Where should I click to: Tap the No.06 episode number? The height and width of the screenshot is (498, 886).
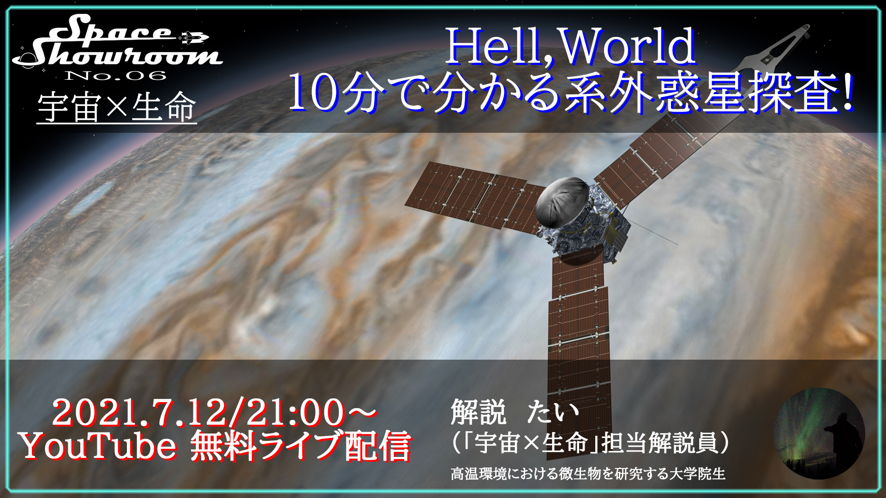115,76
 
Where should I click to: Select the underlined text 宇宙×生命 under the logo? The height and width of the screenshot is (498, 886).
117,107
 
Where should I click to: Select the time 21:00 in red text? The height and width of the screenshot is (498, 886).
295,413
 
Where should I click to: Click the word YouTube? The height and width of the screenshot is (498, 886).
99,446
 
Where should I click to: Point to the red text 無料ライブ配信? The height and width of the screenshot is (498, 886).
300,446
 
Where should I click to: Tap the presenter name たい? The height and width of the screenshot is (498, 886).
553,412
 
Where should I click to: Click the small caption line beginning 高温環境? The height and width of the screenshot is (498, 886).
588,474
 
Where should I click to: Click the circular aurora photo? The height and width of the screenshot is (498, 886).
819,433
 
